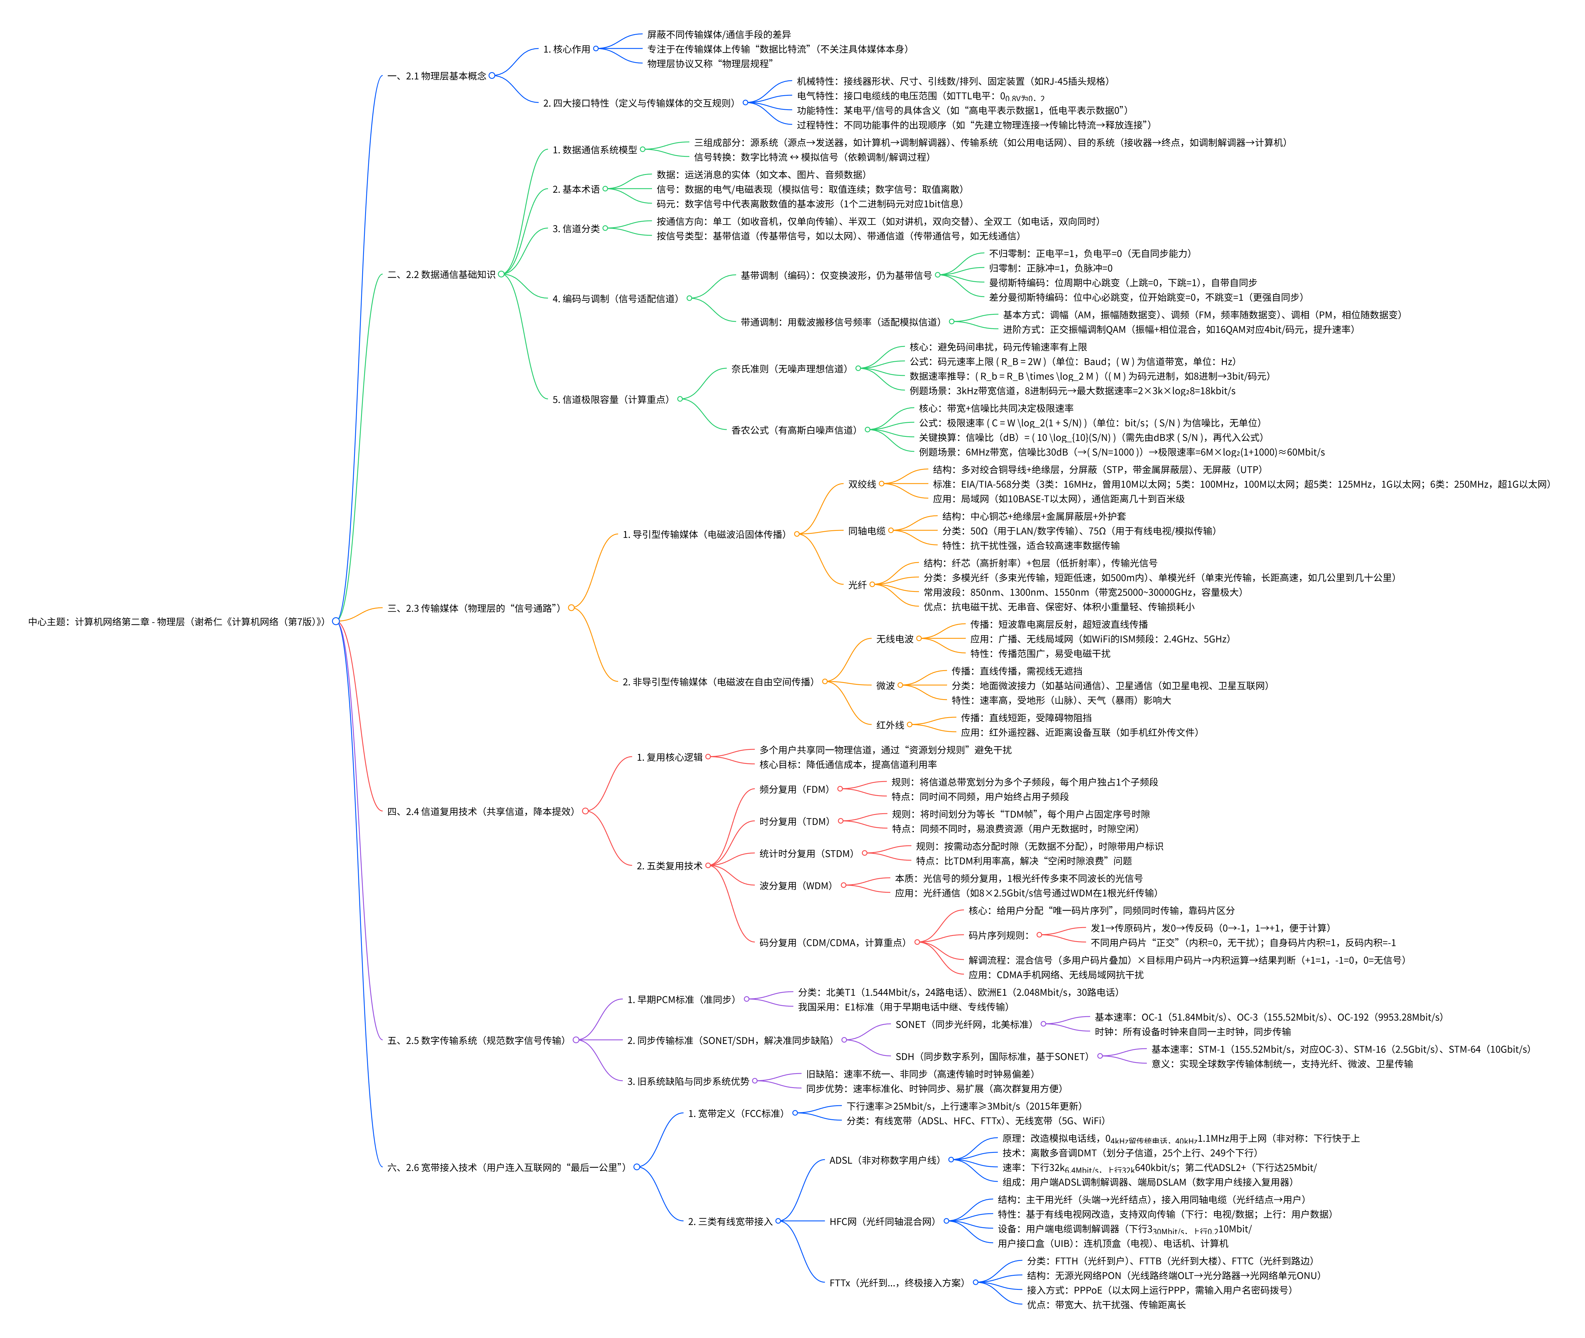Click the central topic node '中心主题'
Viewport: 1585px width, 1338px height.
pyautogui.click(x=176, y=621)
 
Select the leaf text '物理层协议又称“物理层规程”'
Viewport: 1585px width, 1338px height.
pyautogui.click(x=710, y=64)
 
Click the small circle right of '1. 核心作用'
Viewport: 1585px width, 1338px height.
pyautogui.click(x=596, y=48)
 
